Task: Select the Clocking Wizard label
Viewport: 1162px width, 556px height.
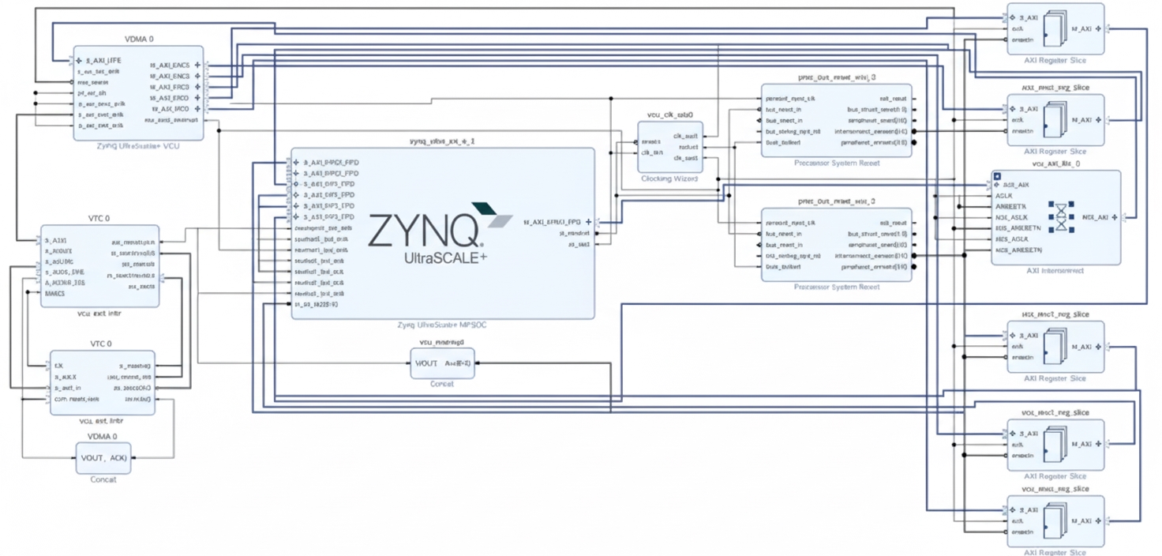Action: tap(669, 179)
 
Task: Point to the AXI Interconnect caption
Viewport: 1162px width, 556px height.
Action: tap(1056, 271)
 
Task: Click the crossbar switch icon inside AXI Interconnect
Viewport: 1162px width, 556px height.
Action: tap(1062, 216)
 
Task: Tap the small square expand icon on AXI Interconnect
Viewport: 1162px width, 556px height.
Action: tap(998, 176)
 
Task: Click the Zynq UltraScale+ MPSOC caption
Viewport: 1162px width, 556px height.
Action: tap(442, 325)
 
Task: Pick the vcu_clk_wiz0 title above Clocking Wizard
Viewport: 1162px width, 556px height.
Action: tap(669, 115)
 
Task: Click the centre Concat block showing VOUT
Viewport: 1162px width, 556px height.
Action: tap(442, 363)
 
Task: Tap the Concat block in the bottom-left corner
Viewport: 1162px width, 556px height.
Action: tap(103, 458)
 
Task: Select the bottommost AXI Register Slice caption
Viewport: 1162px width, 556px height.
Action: tap(1055, 553)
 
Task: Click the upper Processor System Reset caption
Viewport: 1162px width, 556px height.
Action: tap(836, 163)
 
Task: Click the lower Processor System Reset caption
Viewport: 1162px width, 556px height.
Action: tap(836, 287)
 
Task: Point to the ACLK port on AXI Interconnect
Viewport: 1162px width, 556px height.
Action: tap(1003, 195)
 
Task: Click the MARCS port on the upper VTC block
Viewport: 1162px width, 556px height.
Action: tap(55, 293)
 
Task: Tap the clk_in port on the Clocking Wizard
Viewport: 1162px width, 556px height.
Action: tap(651, 152)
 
